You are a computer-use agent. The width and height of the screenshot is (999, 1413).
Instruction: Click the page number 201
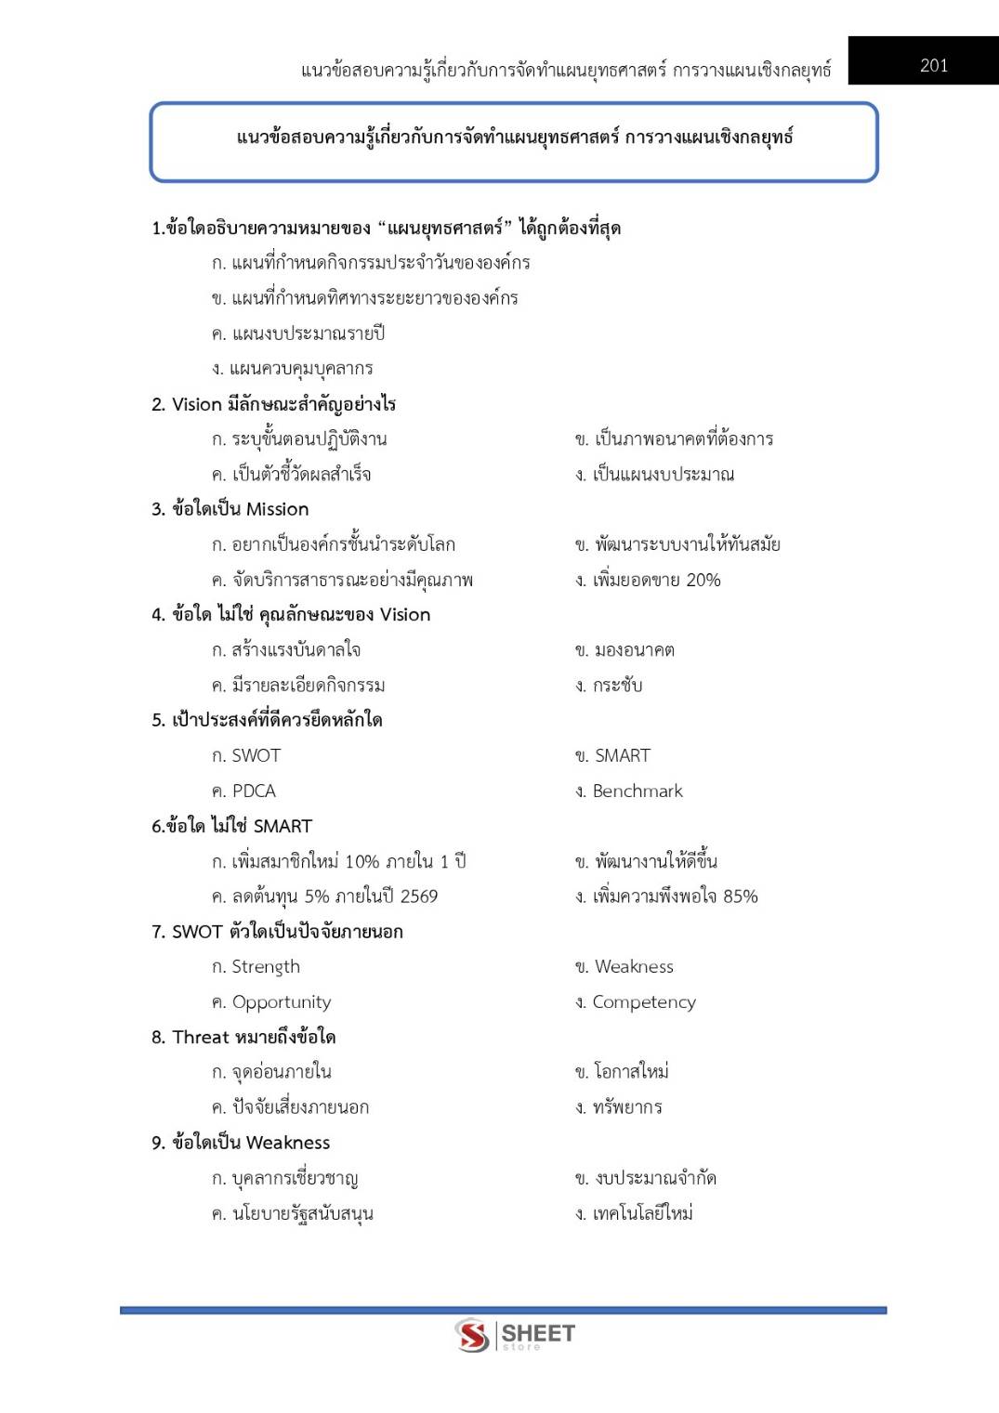[x=933, y=65]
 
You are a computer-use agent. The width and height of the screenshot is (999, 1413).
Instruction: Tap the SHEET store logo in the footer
[x=515, y=1336]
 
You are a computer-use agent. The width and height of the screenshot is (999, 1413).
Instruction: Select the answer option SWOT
[x=256, y=755]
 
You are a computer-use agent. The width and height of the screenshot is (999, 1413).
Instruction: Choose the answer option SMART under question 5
[x=622, y=755]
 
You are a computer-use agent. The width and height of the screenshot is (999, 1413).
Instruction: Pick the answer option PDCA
[x=254, y=791]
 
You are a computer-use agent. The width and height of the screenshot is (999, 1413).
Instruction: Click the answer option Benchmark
[x=637, y=791]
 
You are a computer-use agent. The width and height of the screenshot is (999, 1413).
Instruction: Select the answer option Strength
[x=266, y=966]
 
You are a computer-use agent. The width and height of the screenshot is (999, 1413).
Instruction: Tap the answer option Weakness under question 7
[x=634, y=966]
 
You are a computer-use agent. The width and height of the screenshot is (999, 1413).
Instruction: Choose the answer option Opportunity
[x=281, y=1001]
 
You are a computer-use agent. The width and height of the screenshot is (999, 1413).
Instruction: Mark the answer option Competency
[x=643, y=1001]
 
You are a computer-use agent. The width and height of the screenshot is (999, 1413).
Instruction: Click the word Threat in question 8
[x=201, y=1037]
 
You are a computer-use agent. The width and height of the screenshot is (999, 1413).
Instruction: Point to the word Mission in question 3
[x=277, y=509]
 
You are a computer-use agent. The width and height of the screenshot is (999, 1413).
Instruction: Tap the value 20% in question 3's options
[x=703, y=580]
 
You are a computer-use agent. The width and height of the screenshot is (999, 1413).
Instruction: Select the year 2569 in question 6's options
[x=418, y=896]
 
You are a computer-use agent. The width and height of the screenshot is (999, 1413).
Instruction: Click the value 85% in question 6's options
[x=740, y=896]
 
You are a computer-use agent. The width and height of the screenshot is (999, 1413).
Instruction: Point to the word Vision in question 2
[x=197, y=404]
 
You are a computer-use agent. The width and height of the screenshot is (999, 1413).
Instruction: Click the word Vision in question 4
[x=405, y=615]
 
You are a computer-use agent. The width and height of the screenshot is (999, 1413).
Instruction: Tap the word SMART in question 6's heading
[x=283, y=826]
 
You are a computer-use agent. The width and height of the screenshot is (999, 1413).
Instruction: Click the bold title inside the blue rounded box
[x=514, y=137]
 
